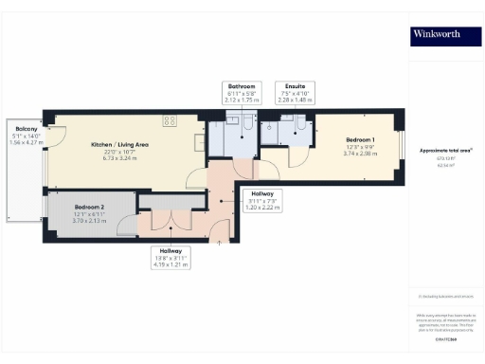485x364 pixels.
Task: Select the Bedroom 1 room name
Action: coord(360,140)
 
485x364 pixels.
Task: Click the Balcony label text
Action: coord(19,128)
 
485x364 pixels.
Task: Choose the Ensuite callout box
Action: coord(296,92)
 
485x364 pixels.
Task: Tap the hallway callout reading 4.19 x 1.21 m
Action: coord(171,260)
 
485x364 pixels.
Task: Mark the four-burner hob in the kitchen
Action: coord(171,120)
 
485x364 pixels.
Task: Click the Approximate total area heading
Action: coord(446,151)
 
